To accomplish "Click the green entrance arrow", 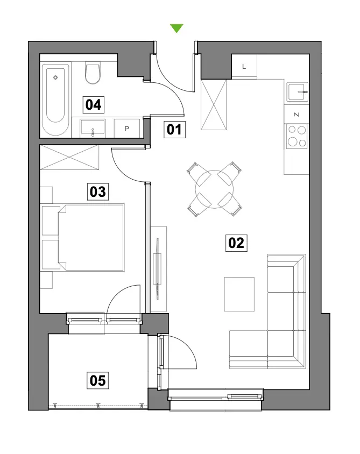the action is [177, 28].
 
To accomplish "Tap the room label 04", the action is [93, 104].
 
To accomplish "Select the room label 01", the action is [174, 129].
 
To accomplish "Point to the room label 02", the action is [236, 243].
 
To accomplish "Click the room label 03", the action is [98, 191].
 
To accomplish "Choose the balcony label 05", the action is [98, 380].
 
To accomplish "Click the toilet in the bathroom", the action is [93, 73].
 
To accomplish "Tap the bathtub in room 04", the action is [55, 99].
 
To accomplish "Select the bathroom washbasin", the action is [93, 127].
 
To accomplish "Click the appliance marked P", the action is [127, 128].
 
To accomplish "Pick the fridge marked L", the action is [244, 67].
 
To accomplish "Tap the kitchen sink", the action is [297, 92].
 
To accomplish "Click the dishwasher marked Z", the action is [297, 115].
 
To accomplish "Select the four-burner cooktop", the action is [297, 137].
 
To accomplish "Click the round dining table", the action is [214, 189].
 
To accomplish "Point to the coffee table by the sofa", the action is [239, 294].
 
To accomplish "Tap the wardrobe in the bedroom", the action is [69, 157].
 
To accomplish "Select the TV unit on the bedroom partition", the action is [158, 269].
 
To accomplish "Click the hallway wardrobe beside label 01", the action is [214, 105].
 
